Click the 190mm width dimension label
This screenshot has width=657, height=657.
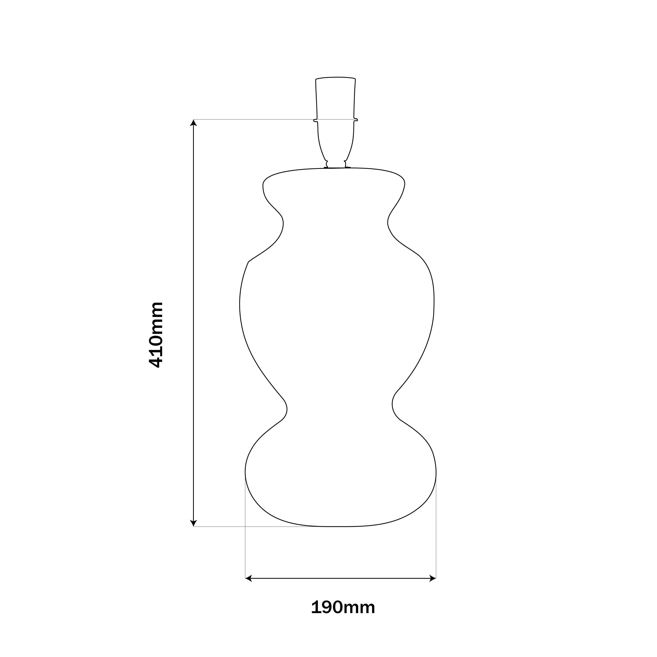tap(343, 608)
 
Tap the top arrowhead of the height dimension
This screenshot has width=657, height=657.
tap(193, 122)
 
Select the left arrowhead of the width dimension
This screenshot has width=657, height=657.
tap(248, 578)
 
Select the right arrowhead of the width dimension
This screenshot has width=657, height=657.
tap(433, 578)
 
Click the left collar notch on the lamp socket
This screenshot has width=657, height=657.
tap(315, 120)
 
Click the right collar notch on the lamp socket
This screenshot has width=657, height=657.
tap(356, 119)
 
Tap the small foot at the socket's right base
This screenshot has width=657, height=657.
tap(347, 165)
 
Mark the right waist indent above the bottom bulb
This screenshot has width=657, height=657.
tap(393, 405)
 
